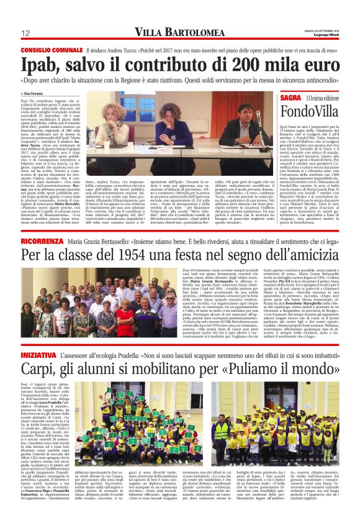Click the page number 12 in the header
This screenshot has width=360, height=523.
click(26, 33)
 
